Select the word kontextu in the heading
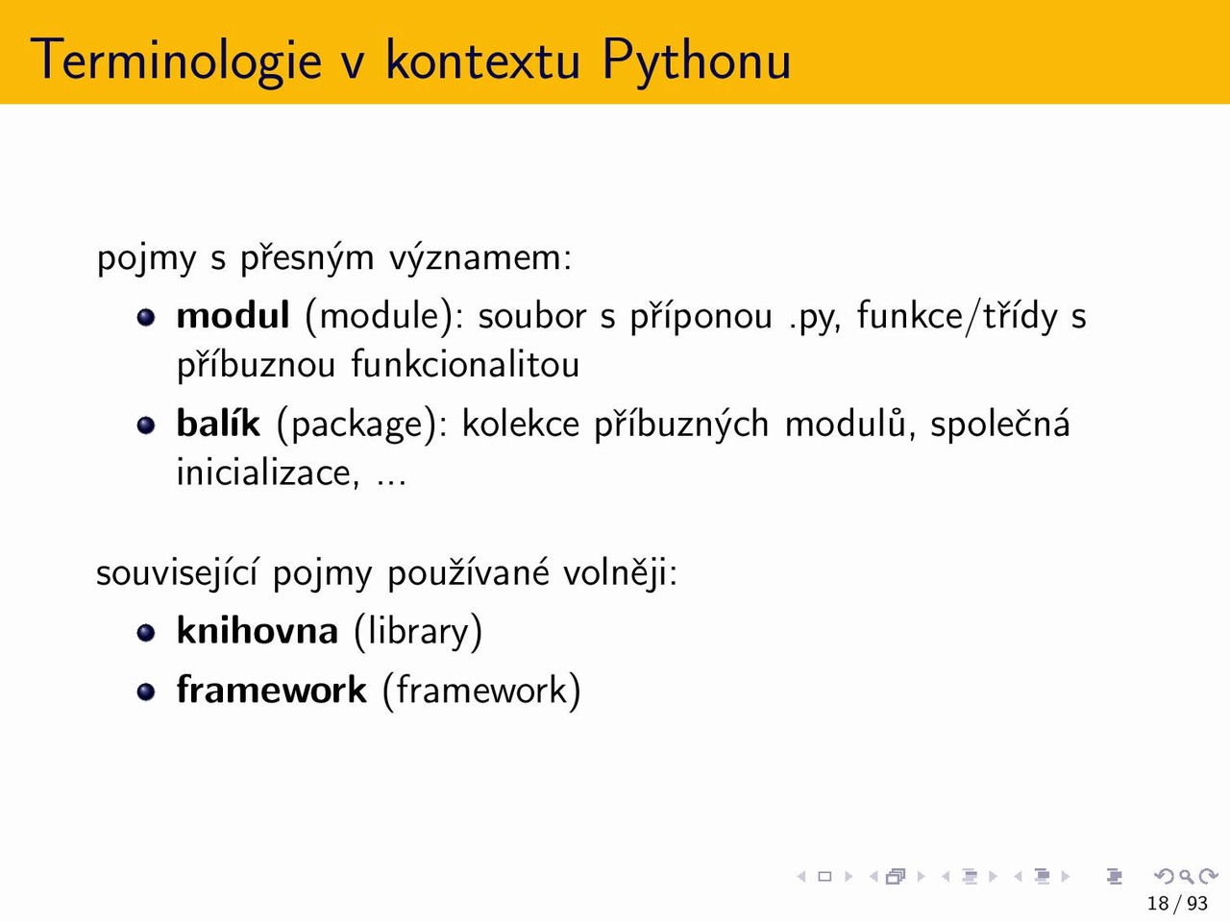click(483, 60)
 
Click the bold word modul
click(233, 315)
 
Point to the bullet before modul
click(146, 317)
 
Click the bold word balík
click(218, 423)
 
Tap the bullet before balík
click(146, 425)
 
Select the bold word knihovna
click(258, 630)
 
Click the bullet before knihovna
click(146, 633)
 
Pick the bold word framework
click(271, 690)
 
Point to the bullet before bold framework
click(146, 691)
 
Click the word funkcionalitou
click(465, 364)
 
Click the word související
click(178, 573)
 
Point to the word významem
click(480, 258)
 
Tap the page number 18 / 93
click(1177, 903)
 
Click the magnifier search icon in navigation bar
click(1186, 876)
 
